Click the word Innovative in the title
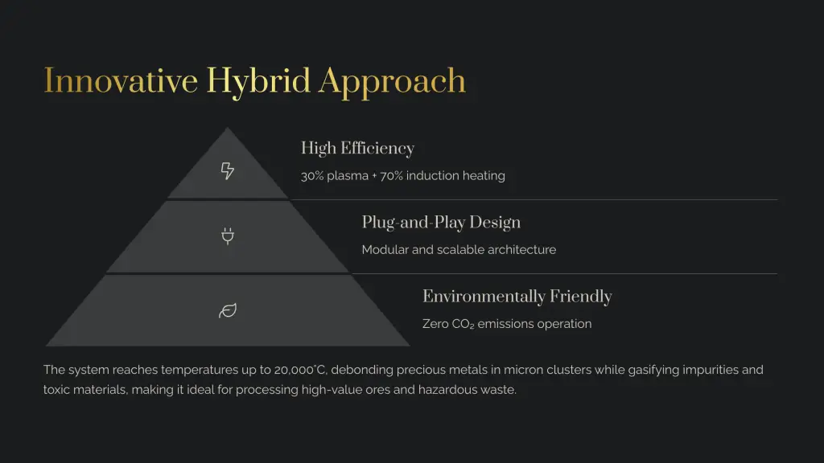point(121,81)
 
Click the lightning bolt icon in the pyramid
point(228,170)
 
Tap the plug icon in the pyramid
point(228,236)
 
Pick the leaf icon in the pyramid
point(228,310)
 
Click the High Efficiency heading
point(357,149)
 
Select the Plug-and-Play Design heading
point(441,223)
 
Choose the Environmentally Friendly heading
point(517,297)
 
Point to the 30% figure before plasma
point(312,176)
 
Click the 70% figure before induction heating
point(391,176)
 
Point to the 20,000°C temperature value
point(300,370)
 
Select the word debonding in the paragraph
point(362,370)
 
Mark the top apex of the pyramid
point(228,128)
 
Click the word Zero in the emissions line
point(435,324)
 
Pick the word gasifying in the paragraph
point(653,370)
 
